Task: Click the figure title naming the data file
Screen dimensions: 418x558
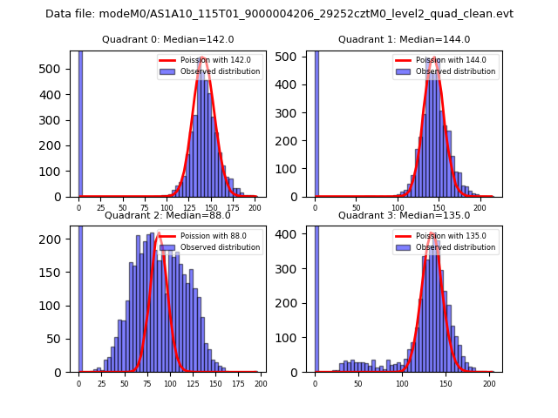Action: click(279, 14)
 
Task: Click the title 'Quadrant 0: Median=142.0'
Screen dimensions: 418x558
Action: click(168, 39)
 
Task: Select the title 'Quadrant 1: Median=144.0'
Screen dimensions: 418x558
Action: click(404, 39)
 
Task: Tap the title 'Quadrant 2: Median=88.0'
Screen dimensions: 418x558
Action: click(168, 215)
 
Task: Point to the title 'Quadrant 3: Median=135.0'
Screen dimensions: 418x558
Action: click(404, 215)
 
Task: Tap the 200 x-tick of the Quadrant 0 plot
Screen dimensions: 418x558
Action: click(255, 207)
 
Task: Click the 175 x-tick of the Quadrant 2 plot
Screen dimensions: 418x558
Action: click(237, 383)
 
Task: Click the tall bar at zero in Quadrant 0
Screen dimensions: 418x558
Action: click(80, 122)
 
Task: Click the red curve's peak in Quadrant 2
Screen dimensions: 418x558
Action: click(160, 233)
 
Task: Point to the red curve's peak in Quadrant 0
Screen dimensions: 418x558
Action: click(203, 58)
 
